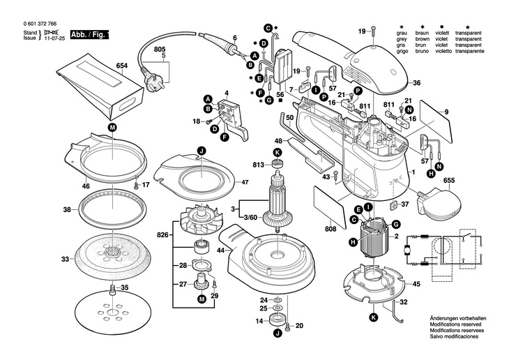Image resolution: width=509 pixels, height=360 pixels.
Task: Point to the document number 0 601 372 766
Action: pos(38,24)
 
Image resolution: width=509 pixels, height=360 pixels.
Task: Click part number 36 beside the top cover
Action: pos(416,83)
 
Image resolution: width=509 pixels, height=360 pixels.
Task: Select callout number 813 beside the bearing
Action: pos(259,165)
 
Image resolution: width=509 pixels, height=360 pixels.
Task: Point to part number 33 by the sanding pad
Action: pos(65,259)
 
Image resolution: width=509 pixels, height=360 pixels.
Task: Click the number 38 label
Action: pos(67,209)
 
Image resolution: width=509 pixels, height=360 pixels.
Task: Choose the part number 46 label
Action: pos(86,187)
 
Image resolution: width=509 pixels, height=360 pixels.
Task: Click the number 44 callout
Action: pos(221,250)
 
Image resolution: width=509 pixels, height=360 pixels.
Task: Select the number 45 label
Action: pos(416,284)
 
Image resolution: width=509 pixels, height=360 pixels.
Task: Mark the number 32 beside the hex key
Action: pos(404,302)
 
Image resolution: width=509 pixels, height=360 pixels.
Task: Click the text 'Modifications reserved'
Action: pos(457,324)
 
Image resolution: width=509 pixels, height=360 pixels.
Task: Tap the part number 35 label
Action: pos(125,287)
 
